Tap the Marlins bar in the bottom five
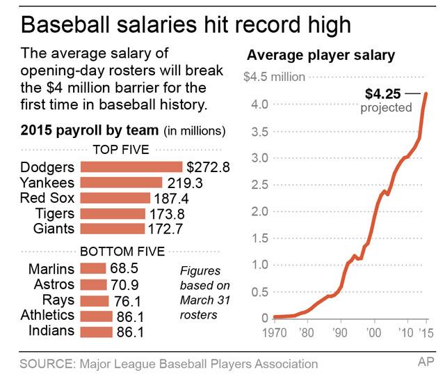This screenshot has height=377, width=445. coord(93,268)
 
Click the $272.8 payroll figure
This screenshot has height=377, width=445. coord(208,167)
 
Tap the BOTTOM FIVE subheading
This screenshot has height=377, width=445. coord(122,251)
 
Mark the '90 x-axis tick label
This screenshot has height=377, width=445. coord(340,333)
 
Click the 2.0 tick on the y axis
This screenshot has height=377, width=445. coord(259,211)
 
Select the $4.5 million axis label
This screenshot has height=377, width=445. coord(274,77)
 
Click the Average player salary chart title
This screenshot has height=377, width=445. coord(321,55)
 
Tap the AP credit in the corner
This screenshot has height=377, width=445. coord(426,363)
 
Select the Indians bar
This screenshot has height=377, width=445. coord(97,331)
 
